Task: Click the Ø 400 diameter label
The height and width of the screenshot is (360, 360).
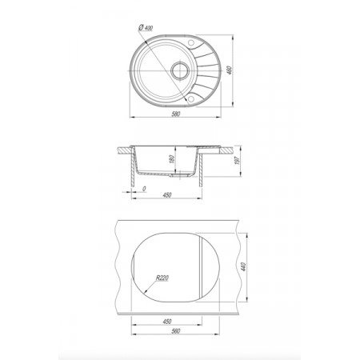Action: point(146,27)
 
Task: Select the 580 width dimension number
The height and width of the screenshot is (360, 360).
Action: point(176,114)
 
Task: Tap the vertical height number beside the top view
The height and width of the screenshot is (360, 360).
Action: point(230,70)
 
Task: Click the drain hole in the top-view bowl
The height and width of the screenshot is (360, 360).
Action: point(180,70)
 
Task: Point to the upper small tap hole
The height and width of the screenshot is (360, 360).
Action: point(191,42)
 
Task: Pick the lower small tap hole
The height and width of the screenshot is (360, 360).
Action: point(191,99)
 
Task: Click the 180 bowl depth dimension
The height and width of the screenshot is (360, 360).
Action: point(171,159)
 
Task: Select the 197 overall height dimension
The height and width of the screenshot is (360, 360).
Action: point(238,160)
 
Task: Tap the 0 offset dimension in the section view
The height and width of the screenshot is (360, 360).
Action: point(144,189)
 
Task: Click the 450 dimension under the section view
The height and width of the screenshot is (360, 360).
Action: point(167,195)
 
